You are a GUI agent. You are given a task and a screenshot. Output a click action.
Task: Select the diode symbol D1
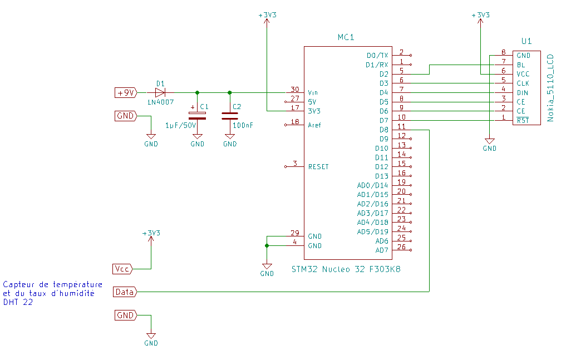160,92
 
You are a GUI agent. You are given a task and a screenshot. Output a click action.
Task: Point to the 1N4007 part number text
160,102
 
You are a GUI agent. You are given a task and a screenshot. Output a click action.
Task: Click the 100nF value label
243,126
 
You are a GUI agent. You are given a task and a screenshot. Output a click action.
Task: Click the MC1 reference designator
346,37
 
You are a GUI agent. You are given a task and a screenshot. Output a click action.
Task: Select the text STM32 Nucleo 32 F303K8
346,269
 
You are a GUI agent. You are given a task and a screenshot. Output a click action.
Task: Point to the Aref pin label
314,125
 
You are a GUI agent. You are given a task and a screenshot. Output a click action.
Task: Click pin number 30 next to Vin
294,89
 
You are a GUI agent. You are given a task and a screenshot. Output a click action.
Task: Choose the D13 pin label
382,176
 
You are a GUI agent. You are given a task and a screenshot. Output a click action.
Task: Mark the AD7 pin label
382,250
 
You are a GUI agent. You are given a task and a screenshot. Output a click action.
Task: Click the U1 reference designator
526,41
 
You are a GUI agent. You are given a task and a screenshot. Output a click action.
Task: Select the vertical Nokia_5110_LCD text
550,87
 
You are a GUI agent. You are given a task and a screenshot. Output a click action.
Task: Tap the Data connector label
125,292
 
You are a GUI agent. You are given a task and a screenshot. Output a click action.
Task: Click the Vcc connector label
122,269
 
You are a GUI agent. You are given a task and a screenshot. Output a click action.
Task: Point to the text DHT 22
17,303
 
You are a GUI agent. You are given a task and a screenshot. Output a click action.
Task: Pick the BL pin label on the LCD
520,65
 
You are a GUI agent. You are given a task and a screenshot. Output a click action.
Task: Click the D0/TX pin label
377,56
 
